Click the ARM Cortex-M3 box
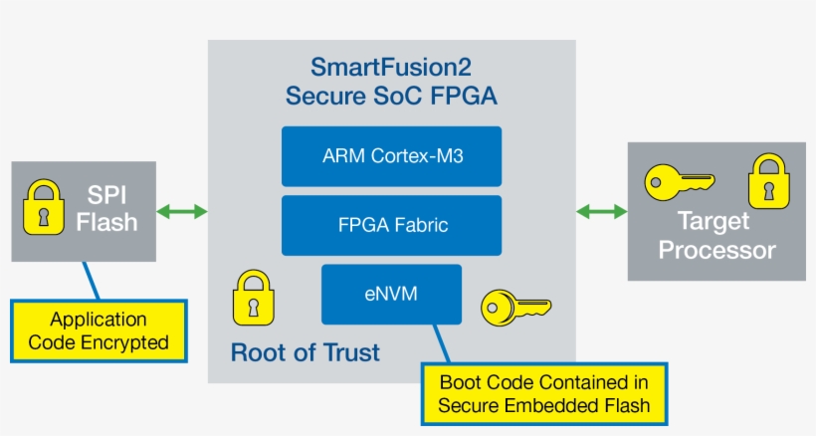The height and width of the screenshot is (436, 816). pyautogui.click(x=391, y=156)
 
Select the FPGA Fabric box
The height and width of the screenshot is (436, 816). pyautogui.click(x=391, y=225)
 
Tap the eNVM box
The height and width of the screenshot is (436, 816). pyautogui.click(x=391, y=294)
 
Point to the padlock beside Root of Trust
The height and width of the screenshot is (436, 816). pyautogui.click(x=252, y=297)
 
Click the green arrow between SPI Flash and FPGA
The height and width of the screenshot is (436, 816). pyautogui.click(x=182, y=211)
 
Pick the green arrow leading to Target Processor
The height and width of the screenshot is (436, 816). pyautogui.click(x=602, y=211)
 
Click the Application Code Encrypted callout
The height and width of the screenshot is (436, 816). pyautogui.click(x=99, y=330)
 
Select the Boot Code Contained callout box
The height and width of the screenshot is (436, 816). pyautogui.click(x=544, y=393)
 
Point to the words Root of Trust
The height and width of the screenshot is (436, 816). pyautogui.click(x=305, y=352)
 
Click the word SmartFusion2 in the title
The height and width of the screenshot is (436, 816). pyautogui.click(x=390, y=68)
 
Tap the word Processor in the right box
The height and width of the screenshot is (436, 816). pyautogui.click(x=716, y=250)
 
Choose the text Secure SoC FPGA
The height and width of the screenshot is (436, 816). pyautogui.click(x=390, y=97)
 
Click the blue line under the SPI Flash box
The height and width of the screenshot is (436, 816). pyautogui.click(x=92, y=281)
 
